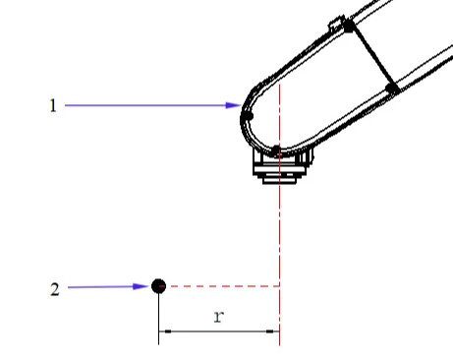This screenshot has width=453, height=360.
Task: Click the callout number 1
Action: (x=53, y=105)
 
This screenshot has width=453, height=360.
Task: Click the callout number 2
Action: (x=54, y=288)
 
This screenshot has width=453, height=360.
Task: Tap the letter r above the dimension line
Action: (x=218, y=317)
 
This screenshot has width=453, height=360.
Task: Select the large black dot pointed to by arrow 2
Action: (x=158, y=285)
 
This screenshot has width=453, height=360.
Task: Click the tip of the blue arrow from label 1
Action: (x=240, y=105)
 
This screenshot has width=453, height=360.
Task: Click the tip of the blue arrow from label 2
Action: (x=149, y=286)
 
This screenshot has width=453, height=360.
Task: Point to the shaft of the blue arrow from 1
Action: (x=147, y=105)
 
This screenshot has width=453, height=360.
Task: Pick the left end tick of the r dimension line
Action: (x=159, y=330)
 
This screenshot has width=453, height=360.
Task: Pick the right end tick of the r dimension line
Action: (x=280, y=330)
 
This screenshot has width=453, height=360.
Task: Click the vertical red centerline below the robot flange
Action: (x=281, y=236)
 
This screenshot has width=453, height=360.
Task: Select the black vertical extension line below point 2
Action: (x=159, y=315)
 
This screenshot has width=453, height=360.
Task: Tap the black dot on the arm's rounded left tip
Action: (x=247, y=116)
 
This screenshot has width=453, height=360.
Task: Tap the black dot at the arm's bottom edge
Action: (x=277, y=150)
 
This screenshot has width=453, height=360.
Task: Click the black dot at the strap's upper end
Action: (x=348, y=27)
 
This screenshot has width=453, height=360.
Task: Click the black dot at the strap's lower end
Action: (x=391, y=89)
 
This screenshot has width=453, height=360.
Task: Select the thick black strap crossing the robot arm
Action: (x=369, y=57)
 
